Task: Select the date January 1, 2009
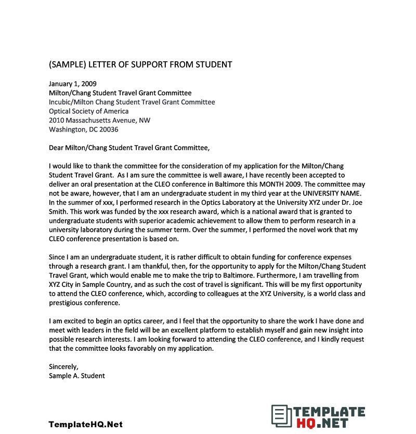[x=72, y=83]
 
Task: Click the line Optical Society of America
[x=88, y=111]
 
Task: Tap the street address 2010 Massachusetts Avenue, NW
[x=99, y=121]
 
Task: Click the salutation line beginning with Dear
[x=129, y=148]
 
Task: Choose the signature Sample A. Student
[x=76, y=375]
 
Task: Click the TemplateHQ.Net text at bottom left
[x=86, y=424]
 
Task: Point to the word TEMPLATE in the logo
[x=330, y=412]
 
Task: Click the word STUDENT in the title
[x=213, y=64]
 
